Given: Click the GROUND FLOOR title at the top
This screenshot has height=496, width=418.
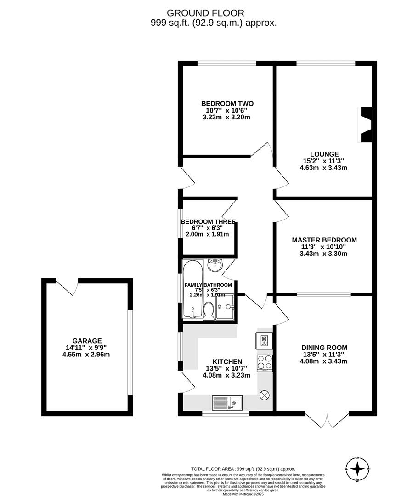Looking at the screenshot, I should click(205, 13).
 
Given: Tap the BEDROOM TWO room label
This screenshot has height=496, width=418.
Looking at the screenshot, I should click(227, 103).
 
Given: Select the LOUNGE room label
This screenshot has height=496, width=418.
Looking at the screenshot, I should click(324, 154).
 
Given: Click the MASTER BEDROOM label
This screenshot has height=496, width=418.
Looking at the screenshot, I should click(324, 240).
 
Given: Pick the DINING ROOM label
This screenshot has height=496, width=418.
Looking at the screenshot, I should click(324, 348).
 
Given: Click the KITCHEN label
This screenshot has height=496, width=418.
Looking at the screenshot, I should click(227, 362).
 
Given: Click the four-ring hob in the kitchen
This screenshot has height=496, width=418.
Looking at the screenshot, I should click(265, 363).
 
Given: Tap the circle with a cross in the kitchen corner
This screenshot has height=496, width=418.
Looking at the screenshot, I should click(265, 395).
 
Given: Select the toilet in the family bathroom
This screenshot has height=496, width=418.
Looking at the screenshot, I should click(208, 310).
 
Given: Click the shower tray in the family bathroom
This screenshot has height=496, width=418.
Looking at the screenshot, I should click(225, 307).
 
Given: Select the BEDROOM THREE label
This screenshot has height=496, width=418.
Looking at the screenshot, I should click(208, 221).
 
